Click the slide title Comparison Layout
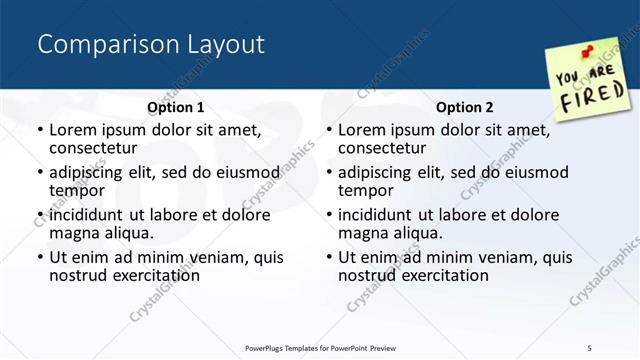point(151,44)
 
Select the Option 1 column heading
point(175,107)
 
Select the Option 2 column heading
point(465,107)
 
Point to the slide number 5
point(590,348)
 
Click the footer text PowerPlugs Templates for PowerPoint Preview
point(320,348)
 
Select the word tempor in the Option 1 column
point(77,190)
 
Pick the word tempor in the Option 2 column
point(366,190)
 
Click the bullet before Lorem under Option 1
point(40,130)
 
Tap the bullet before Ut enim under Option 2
point(329,257)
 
